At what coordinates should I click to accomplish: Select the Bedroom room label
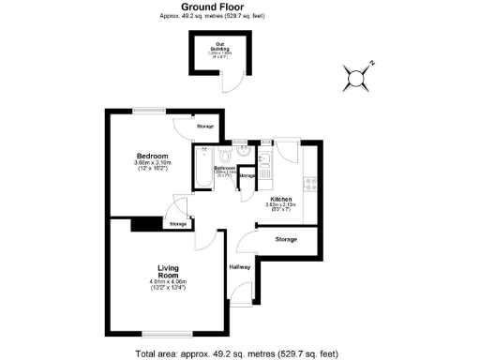152,156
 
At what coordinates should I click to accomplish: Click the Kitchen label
281,200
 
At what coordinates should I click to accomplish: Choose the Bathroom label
223,169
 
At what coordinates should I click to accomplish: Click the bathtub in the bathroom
202,167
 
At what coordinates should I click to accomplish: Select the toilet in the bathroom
225,156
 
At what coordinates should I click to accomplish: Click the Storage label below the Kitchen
286,240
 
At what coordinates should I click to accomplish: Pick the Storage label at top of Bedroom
204,127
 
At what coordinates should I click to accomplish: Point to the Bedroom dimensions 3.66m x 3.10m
152,165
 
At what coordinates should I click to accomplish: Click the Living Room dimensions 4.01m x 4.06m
168,283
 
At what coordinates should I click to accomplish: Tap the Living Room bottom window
169,334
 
